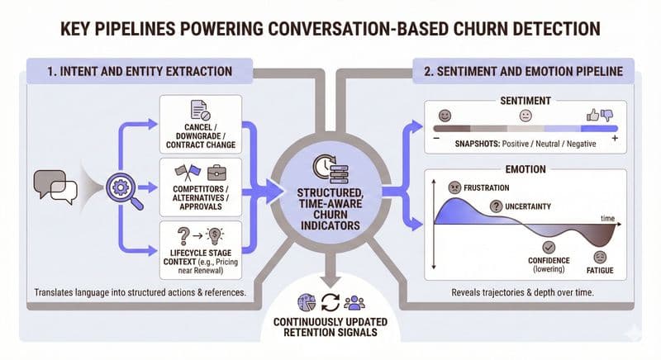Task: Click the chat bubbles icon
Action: [51, 185]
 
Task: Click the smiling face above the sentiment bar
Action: [445, 114]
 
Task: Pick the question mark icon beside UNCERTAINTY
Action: [497, 206]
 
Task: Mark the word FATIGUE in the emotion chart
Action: [601, 268]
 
